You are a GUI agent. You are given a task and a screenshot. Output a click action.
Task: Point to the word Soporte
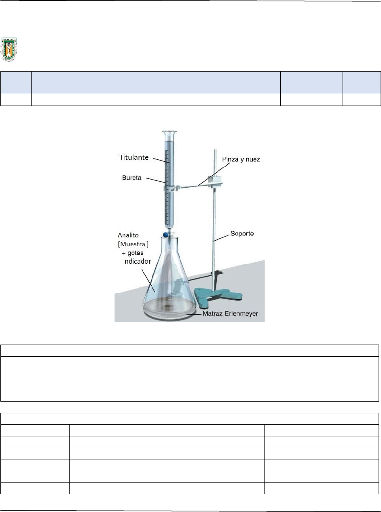241,234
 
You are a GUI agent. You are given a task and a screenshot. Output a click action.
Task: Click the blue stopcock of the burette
166,234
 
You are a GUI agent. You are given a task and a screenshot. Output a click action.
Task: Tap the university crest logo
8,50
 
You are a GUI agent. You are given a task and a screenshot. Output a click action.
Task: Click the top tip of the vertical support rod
214,150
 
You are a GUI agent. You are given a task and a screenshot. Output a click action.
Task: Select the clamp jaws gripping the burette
169,187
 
